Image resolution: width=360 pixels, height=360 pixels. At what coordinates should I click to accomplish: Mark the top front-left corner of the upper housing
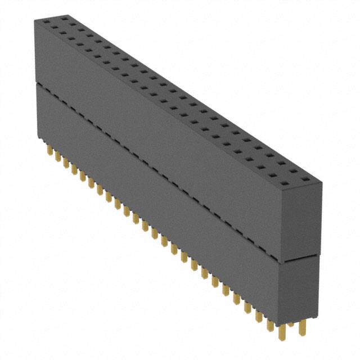[x=34, y=20]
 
